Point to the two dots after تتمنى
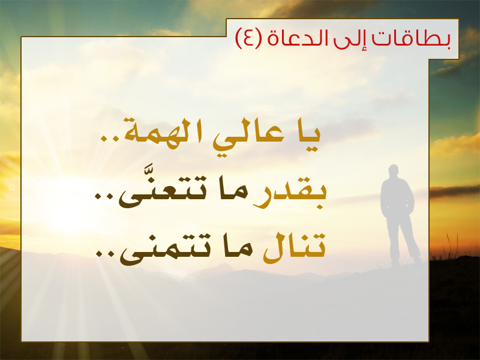coord(106,253)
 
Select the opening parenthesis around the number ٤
coord(259,38)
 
